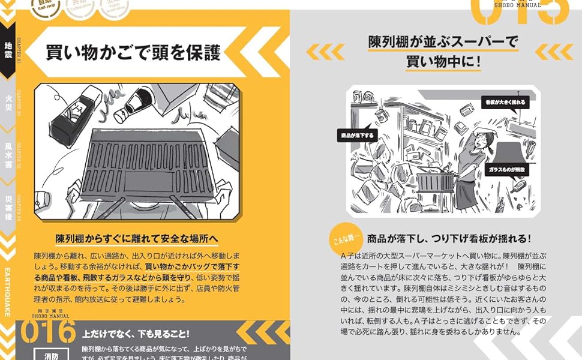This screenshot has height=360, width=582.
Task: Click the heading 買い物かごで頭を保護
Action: (133, 53)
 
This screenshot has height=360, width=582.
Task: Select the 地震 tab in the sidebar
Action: (8, 53)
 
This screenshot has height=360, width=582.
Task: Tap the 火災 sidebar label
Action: (8, 101)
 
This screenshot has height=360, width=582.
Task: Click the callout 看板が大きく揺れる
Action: (506, 103)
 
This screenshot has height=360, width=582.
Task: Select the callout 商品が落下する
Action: (357, 135)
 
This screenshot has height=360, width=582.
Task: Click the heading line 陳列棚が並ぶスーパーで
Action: (443, 42)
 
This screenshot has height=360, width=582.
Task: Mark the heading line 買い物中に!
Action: (443, 61)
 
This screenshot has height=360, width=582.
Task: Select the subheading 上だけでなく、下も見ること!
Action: (136, 334)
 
